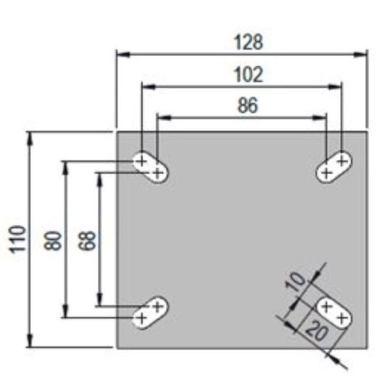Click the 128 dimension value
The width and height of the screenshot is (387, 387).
(x=249, y=43)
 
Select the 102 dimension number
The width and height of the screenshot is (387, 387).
(x=249, y=75)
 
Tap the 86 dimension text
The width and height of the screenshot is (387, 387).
(x=248, y=106)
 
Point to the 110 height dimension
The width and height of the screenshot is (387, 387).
(x=18, y=239)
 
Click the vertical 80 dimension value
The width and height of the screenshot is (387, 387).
(x=52, y=241)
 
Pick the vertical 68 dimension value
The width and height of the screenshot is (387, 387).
(x=87, y=241)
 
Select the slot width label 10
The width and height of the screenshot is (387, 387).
(x=296, y=282)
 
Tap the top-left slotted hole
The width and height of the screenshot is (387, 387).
(x=150, y=167)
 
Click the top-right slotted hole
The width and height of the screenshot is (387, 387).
(x=334, y=167)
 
